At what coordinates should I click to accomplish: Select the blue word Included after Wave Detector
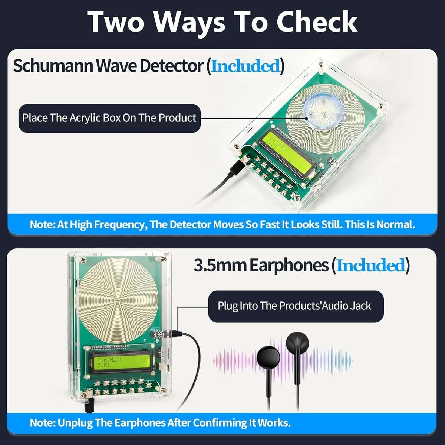point(245,66)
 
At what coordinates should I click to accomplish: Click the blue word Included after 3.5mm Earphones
point(370,266)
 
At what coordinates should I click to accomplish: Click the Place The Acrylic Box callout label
point(109,118)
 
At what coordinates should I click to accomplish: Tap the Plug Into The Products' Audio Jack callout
point(296,306)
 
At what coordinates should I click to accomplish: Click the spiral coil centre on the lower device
point(118,300)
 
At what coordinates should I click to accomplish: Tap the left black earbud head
point(268,358)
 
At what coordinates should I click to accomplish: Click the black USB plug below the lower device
point(89,405)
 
